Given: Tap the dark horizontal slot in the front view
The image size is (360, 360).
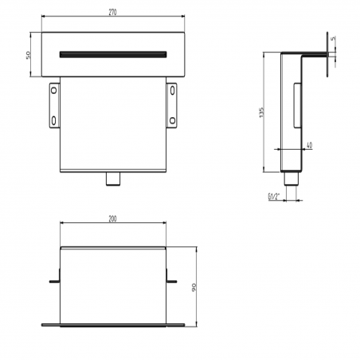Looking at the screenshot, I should (113, 54).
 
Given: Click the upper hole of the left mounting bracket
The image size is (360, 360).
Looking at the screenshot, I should (53, 91).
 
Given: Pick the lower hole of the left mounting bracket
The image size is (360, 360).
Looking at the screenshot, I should (53, 120).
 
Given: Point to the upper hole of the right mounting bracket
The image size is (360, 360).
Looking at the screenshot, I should (174, 91).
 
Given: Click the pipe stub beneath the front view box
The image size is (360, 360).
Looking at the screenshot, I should (113, 179).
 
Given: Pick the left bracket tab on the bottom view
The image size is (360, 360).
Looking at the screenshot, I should (54, 280).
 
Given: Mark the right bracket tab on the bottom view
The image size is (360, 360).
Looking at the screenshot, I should (171, 280).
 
